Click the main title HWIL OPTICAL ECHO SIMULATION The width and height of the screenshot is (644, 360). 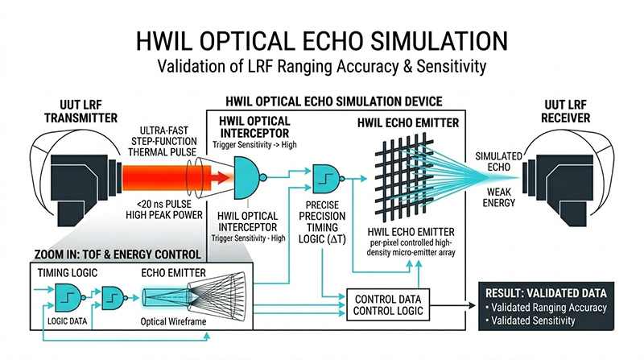(322, 41)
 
